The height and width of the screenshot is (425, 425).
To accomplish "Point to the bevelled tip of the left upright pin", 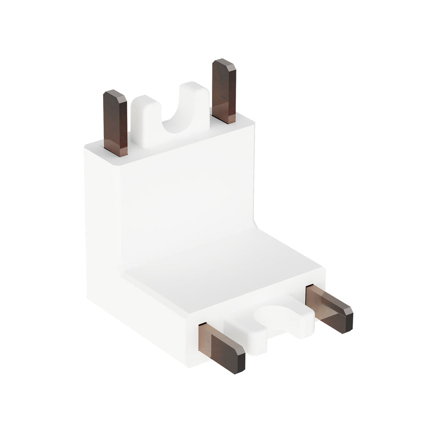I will [115, 96].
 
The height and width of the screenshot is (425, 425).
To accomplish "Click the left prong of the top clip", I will [142, 120].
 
